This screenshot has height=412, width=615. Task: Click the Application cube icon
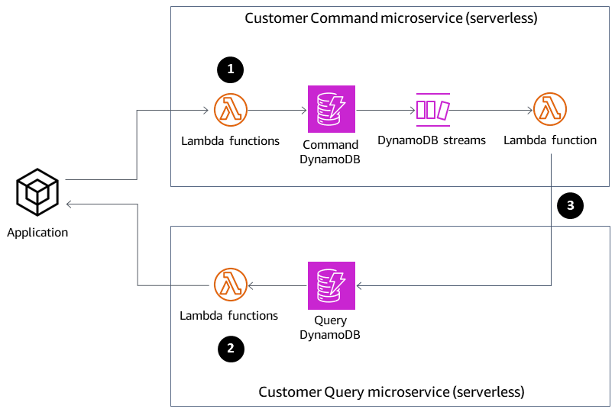[37, 192]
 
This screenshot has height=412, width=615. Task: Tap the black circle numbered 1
[230, 69]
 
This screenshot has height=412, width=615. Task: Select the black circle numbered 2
[230, 349]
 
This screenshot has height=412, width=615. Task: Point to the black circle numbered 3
[570, 204]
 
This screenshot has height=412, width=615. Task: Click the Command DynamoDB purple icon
[331, 110]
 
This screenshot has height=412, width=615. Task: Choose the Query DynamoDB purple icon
[331, 285]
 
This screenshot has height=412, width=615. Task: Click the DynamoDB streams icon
[432, 109]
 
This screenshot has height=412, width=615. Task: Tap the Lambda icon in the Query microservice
[230, 285]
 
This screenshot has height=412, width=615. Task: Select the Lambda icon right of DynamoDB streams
[550, 110]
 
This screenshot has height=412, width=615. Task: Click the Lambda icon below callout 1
[230, 110]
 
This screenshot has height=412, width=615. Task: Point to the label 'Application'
[37, 233]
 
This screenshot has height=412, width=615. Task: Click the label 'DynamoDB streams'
[432, 140]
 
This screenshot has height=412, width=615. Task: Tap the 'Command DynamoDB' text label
[331, 151]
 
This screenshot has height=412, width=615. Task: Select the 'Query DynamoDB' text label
[330, 327]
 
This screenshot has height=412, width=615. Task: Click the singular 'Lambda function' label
[550, 140]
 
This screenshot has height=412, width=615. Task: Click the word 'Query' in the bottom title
[345, 392]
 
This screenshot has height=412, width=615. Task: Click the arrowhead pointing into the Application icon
[70, 204]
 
